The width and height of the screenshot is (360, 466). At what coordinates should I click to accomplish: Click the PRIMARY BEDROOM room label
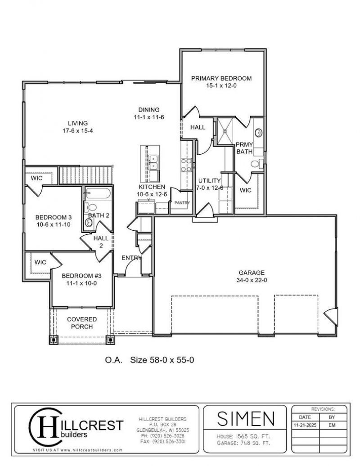coord(221,78)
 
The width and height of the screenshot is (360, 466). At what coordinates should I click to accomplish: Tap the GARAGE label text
coord(252,273)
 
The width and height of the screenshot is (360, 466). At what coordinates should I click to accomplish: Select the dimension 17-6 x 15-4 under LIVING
coord(77,130)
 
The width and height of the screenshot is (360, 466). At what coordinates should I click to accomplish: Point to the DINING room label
coord(148,110)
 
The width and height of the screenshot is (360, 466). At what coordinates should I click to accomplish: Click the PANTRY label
coord(182,203)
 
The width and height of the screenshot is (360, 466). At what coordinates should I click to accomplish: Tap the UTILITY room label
coord(209,181)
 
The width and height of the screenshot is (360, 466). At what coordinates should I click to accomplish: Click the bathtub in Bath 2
coord(98,193)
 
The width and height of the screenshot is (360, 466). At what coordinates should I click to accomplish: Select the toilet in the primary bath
coord(257,163)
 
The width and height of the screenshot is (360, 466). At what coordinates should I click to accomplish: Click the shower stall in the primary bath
coord(225,131)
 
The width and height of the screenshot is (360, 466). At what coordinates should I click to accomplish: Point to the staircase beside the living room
coord(86,175)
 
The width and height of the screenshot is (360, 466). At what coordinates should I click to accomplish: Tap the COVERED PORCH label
coord(82,323)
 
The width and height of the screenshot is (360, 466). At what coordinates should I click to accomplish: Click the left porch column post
coord(54,340)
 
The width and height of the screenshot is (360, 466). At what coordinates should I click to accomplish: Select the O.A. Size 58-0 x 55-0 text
coord(149,360)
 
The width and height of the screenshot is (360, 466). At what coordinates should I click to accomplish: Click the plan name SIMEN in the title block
coord(246,418)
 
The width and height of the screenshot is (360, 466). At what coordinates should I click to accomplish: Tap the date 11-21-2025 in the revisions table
coord(305,425)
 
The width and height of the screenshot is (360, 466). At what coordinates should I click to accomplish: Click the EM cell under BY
coord(332,425)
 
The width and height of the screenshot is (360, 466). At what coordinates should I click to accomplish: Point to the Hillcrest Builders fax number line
coord(163,442)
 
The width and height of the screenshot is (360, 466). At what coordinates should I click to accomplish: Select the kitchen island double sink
coord(154,162)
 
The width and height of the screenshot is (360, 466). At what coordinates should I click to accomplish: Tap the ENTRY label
coord(131,258)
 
